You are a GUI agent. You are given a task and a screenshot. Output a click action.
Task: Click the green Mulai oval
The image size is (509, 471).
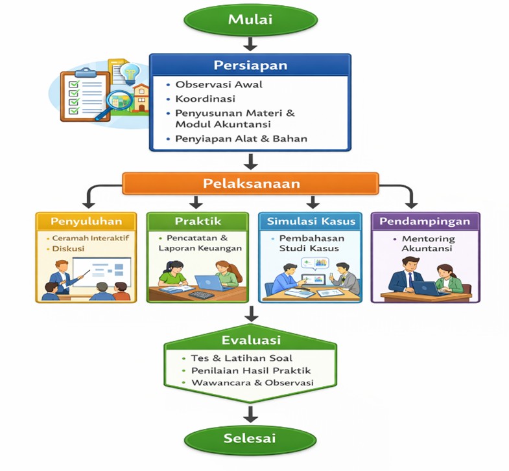tap(250, 19)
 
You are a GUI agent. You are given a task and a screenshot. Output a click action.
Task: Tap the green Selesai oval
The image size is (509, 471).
tap(250, 439)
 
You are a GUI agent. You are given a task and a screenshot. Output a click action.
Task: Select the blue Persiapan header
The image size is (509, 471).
tap(250, 65)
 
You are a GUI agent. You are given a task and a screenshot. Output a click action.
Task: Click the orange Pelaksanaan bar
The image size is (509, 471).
tap(250, 183)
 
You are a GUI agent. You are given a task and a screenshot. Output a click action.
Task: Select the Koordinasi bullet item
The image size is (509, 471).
tap(205, 99)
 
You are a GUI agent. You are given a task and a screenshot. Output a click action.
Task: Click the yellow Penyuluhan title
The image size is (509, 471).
tap(86, 221)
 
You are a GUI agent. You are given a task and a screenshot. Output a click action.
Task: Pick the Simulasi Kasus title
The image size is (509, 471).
tap(311, 221)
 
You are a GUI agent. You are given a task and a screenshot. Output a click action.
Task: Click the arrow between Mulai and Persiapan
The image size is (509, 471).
tap(250, 44)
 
